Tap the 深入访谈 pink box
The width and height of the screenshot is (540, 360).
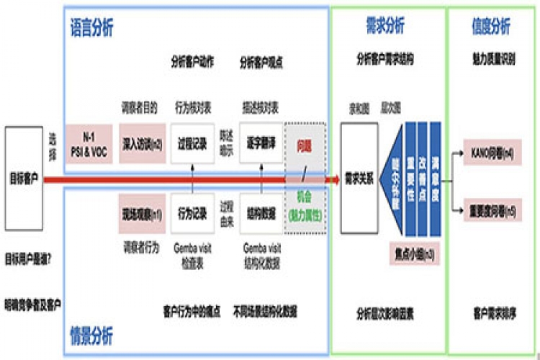(142, 143)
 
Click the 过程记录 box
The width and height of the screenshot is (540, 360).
(193, 143)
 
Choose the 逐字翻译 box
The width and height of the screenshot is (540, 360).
(261, 143)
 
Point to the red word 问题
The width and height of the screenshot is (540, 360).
(305, 145)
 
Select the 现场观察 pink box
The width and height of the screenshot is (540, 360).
(142, 213)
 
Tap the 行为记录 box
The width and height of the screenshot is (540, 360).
(193, 213)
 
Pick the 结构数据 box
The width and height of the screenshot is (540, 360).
(261, 213)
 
